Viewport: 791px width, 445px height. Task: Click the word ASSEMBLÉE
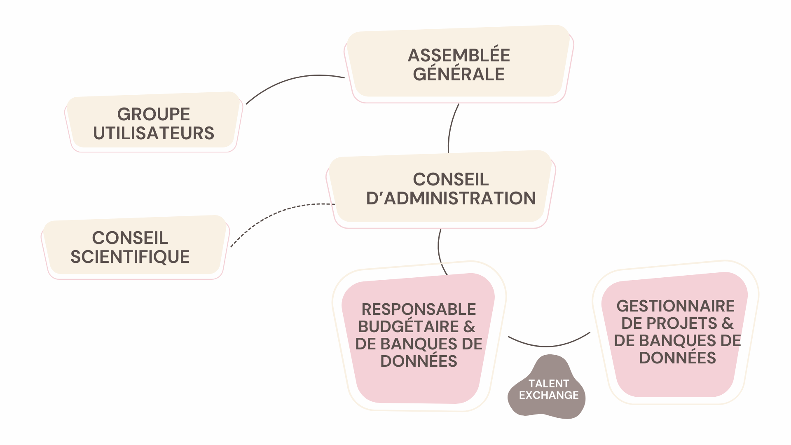click(x=459, y=55)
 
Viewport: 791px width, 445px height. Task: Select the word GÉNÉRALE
click(x=459, y=75)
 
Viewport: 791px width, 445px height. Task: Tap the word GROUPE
click(x=154, y=114)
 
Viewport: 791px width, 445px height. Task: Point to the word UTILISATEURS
click(x=154, y=133)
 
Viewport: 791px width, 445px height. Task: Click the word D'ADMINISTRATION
click(x=451, y=199)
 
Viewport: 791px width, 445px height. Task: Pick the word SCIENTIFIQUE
click(x=130, y=257)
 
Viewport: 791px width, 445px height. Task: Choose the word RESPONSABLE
click(x=419, y=309)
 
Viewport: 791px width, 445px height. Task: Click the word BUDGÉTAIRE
click(x=408, y=327)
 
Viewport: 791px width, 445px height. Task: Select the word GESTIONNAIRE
click(x=676, y=306)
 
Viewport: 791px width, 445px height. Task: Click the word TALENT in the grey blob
click(x=548, y=384)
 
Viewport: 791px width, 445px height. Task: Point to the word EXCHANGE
click(x=548, y=396)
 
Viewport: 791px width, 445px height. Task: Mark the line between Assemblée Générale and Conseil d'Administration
click(x=451, y=128)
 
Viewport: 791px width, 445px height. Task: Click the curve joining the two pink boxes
click(x=548, y=346)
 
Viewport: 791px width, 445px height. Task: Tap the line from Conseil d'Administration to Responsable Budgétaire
click(x=439, y=251)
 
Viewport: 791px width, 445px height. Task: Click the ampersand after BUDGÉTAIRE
click(x=469, y=327)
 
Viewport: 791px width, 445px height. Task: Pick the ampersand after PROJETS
click(x=728, y=323)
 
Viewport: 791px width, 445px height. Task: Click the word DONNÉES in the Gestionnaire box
click(x=677, y=358)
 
